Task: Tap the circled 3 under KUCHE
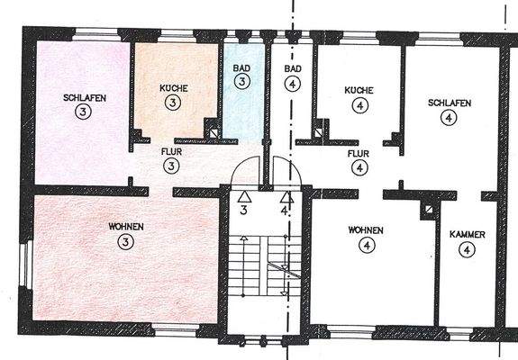pyautogui.click(x=171, y=104)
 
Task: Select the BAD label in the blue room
pyautogui.click(x=241, y=68)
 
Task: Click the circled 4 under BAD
pyautogui.click(x=291, y=86)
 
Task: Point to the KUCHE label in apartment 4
pyautogui.click(x=359, y=90)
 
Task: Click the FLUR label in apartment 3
pyautogui.click(x=171, y=153)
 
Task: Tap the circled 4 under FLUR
pyautogui.click(x=359, y=168)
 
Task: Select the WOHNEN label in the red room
pyautogui.click(x=124, y=226)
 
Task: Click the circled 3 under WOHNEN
pyautogui.click(x=124, y=241)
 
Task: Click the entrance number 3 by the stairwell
pyautogui.click(x=244, y=211)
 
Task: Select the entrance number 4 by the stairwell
pyautogui.click(x=286, y=211)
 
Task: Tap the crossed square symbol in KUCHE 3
pyautogui.click(x=214, y=131)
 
